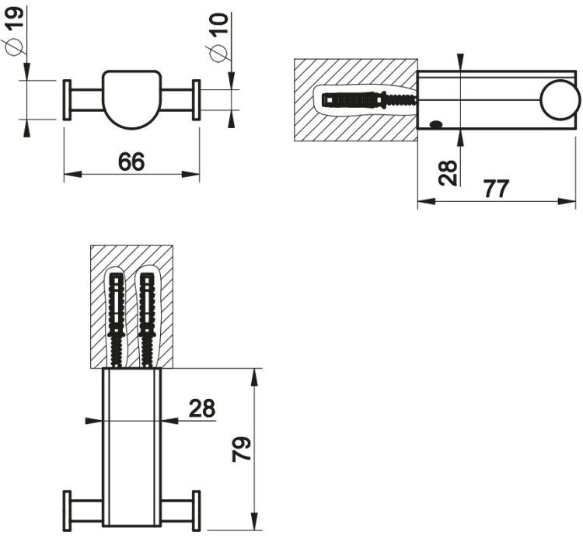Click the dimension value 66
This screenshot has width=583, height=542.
[131, 162]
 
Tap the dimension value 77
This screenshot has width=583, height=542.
[497, 189]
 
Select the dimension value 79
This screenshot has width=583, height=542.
[242, 449]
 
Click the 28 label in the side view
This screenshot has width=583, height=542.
[448, 172]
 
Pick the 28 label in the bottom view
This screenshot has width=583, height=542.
[202, 408]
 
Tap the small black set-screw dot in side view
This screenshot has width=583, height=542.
[436, 125]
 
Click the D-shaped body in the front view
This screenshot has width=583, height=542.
[131, 99]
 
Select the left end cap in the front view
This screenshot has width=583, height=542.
[67, 100]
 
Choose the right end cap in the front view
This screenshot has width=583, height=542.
[197, 100]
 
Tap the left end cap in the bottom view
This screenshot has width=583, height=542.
[67, 511]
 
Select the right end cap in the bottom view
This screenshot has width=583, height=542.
[197, 511]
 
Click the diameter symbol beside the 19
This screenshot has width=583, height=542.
[14, 47]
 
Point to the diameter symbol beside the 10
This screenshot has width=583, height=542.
[218, 53]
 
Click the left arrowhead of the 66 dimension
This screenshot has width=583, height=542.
[72, 174]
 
